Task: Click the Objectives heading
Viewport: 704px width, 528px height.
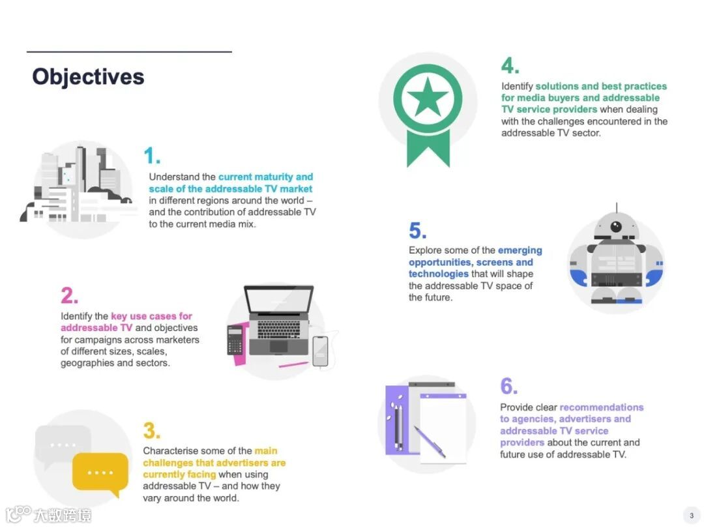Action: tap(88, 76)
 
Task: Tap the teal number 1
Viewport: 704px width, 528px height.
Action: tap(152, 156)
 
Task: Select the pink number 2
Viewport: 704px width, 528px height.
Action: tap(70, 295)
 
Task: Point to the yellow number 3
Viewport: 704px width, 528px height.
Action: tap(151, 430)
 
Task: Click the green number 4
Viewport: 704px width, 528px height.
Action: tap(510, 66)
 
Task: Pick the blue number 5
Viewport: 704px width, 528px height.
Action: tap(418, 231)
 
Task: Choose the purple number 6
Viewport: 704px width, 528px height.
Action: tap(508, 386)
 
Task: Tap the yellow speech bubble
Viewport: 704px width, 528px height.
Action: tap(100, 473)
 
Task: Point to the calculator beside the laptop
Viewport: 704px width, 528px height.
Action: tap(235, 340)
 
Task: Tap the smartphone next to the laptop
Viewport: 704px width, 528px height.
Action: tap(320, 351)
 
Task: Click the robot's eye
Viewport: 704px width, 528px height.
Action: tap(616, 226)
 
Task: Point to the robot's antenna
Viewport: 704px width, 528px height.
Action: tap(617, 207)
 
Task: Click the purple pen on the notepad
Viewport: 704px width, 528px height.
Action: tap(430, 442)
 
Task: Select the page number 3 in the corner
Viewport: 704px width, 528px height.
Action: tap(692, 516)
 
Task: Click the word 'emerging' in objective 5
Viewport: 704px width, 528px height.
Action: tap(520, 250)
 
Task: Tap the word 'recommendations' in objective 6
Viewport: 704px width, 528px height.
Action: tap(601, 407)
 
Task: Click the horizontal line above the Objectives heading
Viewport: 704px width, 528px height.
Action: tap(129, 51)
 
